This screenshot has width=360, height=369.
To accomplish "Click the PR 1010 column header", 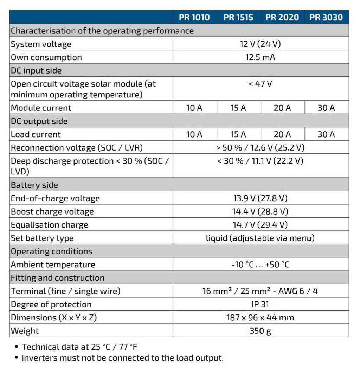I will pyautogui.click(x=194, y=17).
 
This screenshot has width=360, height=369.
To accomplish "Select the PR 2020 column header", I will pyautogui.click(x=282, y=17).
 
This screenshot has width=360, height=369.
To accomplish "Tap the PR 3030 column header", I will pyautogui.click(x=326, y=17).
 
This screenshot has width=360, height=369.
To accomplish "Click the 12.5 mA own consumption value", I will pyautogui.click(x=260, y=57).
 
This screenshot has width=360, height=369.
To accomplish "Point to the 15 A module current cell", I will pyautogui.click(x=238, y=108).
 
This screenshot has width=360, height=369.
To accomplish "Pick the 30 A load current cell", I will pyautogui.click(x=326, y=134).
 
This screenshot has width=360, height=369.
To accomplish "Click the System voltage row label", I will pyautogui.click(x=41, y=44).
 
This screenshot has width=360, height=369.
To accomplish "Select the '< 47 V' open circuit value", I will pyautogui.click(x=260, y=84).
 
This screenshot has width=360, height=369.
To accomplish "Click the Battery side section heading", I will pyautogui.click(x=34, y=185).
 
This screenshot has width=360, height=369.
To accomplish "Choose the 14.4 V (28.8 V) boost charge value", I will pyautogui.click(x=260, y=212).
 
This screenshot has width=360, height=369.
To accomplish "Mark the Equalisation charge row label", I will pyautogui.click(x=49, y=225).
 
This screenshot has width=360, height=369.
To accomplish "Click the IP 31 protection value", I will pyautogui.click(x=260, y=304).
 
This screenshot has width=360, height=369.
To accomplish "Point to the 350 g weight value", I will pyautogui.click(x=260, y=331).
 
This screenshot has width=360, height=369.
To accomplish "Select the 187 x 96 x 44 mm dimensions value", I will pyautogui.click(x=260, y=318).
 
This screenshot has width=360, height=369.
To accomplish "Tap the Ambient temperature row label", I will pyautogui.click(x=53, y=265).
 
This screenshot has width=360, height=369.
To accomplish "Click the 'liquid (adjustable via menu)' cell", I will pyautogui.click(x=260, y=238).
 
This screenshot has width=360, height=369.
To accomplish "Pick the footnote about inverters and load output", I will pyautogui.click(x=122, y=358).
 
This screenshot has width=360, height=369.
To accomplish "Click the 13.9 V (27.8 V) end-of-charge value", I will pyautogui.click(x=260, y=198).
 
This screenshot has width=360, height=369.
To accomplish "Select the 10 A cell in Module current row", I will pyautogui.click(x=194, y=108).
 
